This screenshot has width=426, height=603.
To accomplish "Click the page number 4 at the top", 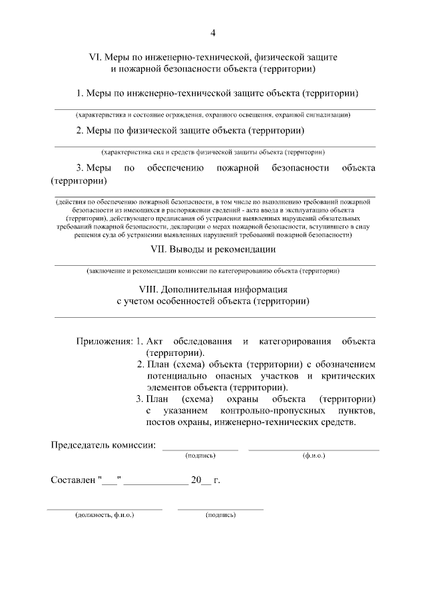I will coord(213,33).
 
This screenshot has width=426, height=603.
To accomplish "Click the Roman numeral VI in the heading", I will coord(95,57).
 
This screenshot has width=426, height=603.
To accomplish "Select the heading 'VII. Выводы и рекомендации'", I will coord(213,249).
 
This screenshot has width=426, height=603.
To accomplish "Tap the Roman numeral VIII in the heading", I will coord(147,290).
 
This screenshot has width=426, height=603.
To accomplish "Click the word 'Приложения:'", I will coord(104,341).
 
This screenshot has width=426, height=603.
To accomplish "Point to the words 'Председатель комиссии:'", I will coord(103,445).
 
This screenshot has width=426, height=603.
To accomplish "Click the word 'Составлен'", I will coord(73,480).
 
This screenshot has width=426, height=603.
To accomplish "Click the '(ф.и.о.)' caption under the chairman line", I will coord(313,456).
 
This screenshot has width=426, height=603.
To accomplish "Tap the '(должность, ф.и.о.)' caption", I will coord(105,515).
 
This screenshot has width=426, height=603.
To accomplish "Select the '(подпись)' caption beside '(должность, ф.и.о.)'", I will coord(220,515).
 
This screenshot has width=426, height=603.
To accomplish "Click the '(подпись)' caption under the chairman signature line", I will coord(200,456).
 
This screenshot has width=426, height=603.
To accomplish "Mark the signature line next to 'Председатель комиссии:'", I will coord(200,450).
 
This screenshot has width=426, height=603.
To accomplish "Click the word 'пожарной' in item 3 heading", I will coord(238,168).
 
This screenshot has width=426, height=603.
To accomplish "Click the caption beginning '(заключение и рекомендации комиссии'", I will coord(213,271).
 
